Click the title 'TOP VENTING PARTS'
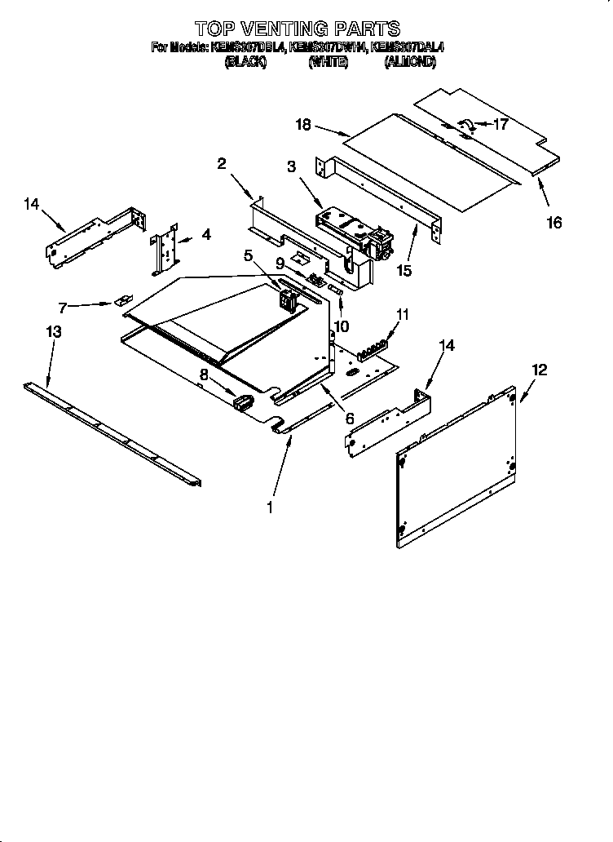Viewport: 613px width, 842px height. coord(298,30)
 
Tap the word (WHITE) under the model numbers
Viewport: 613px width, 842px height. coord(328,63)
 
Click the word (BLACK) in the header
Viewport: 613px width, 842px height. coord(245,63)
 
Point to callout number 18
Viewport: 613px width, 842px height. coord(303,125)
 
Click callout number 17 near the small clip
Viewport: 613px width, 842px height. coord(500,125)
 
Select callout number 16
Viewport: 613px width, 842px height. coord(554,222)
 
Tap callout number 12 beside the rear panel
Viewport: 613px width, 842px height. coord(539,370)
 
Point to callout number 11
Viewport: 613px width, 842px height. coord(403,313)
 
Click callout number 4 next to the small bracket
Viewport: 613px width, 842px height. coord(205,235)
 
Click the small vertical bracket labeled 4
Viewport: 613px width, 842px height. coord(165,250)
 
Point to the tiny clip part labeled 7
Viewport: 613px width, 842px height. coord(125,299)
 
